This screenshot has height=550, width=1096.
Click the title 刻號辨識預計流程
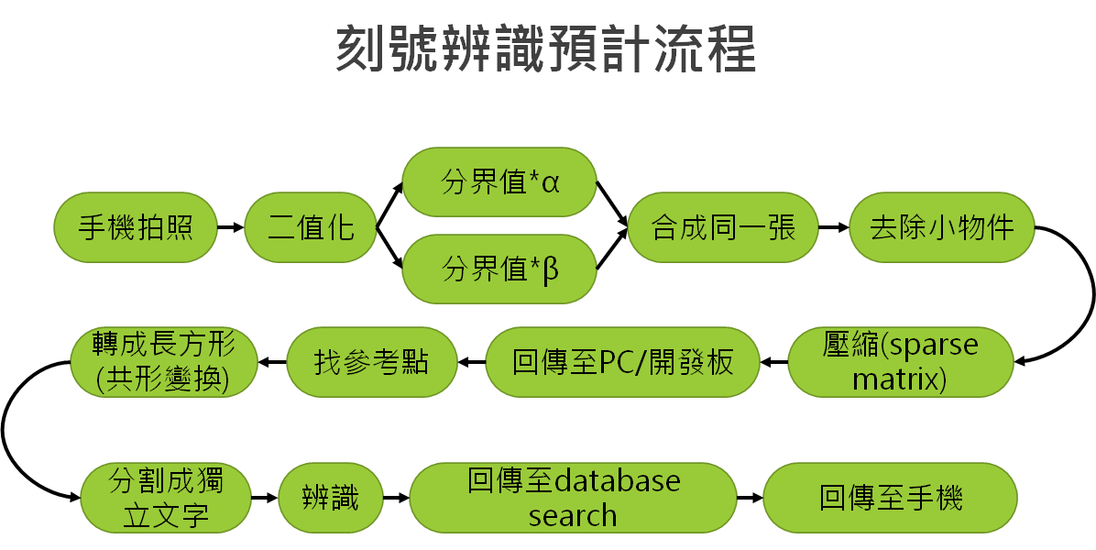(x=546, y=49)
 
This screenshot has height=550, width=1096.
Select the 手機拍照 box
(x=136, y=227)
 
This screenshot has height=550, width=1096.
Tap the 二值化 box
(x=311, y=227)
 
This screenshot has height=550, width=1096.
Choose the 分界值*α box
(x=499, y=182)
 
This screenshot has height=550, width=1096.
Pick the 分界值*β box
(x=499, y=269)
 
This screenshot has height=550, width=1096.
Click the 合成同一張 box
(x=723, y=227)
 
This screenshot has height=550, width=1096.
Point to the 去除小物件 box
(x=941, y=227)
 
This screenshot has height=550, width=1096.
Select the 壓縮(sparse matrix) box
(x=900, y=362)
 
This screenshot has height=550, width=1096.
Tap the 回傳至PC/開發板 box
(x=622, y=362)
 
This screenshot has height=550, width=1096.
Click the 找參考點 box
(x=372, y=362)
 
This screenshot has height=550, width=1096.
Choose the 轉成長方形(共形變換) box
(x=163, y=362)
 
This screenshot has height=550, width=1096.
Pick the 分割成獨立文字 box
(x=166, y=498)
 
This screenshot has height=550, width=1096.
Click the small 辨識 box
(x=331, y=498)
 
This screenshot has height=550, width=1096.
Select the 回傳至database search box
(x=573, y=498)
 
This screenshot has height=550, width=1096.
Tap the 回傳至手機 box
(x=890, y=498)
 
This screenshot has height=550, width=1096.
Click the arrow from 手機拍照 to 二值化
(x=231, y=227)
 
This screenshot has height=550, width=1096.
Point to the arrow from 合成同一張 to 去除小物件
(x=833, y=227)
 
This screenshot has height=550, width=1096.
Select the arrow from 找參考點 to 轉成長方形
(x=272, y=362)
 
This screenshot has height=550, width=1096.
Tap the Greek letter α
(x=551, y=185)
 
